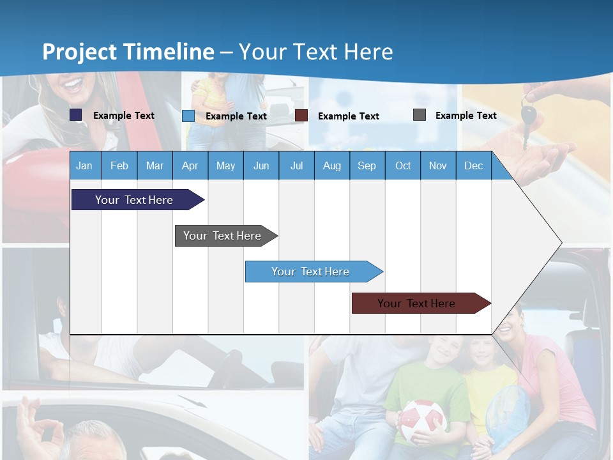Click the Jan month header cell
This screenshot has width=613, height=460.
coord(85,165)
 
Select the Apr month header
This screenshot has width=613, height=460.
coord(190,165)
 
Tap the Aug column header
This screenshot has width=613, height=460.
coord(331,165)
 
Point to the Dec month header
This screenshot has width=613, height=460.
coord(473,165)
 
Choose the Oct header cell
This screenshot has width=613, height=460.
coord(403,165)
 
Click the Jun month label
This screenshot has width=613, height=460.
coord(261,165)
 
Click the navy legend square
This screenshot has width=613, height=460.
coord(76,115)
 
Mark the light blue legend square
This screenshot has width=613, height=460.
coord(188,116)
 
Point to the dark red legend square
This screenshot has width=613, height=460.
coord(301,116)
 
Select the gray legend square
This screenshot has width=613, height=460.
coord(420,115)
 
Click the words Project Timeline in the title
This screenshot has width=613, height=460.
coord(128,52)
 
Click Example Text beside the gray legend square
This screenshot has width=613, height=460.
coord(465,115)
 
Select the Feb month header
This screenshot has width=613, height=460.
coord(119,165)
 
